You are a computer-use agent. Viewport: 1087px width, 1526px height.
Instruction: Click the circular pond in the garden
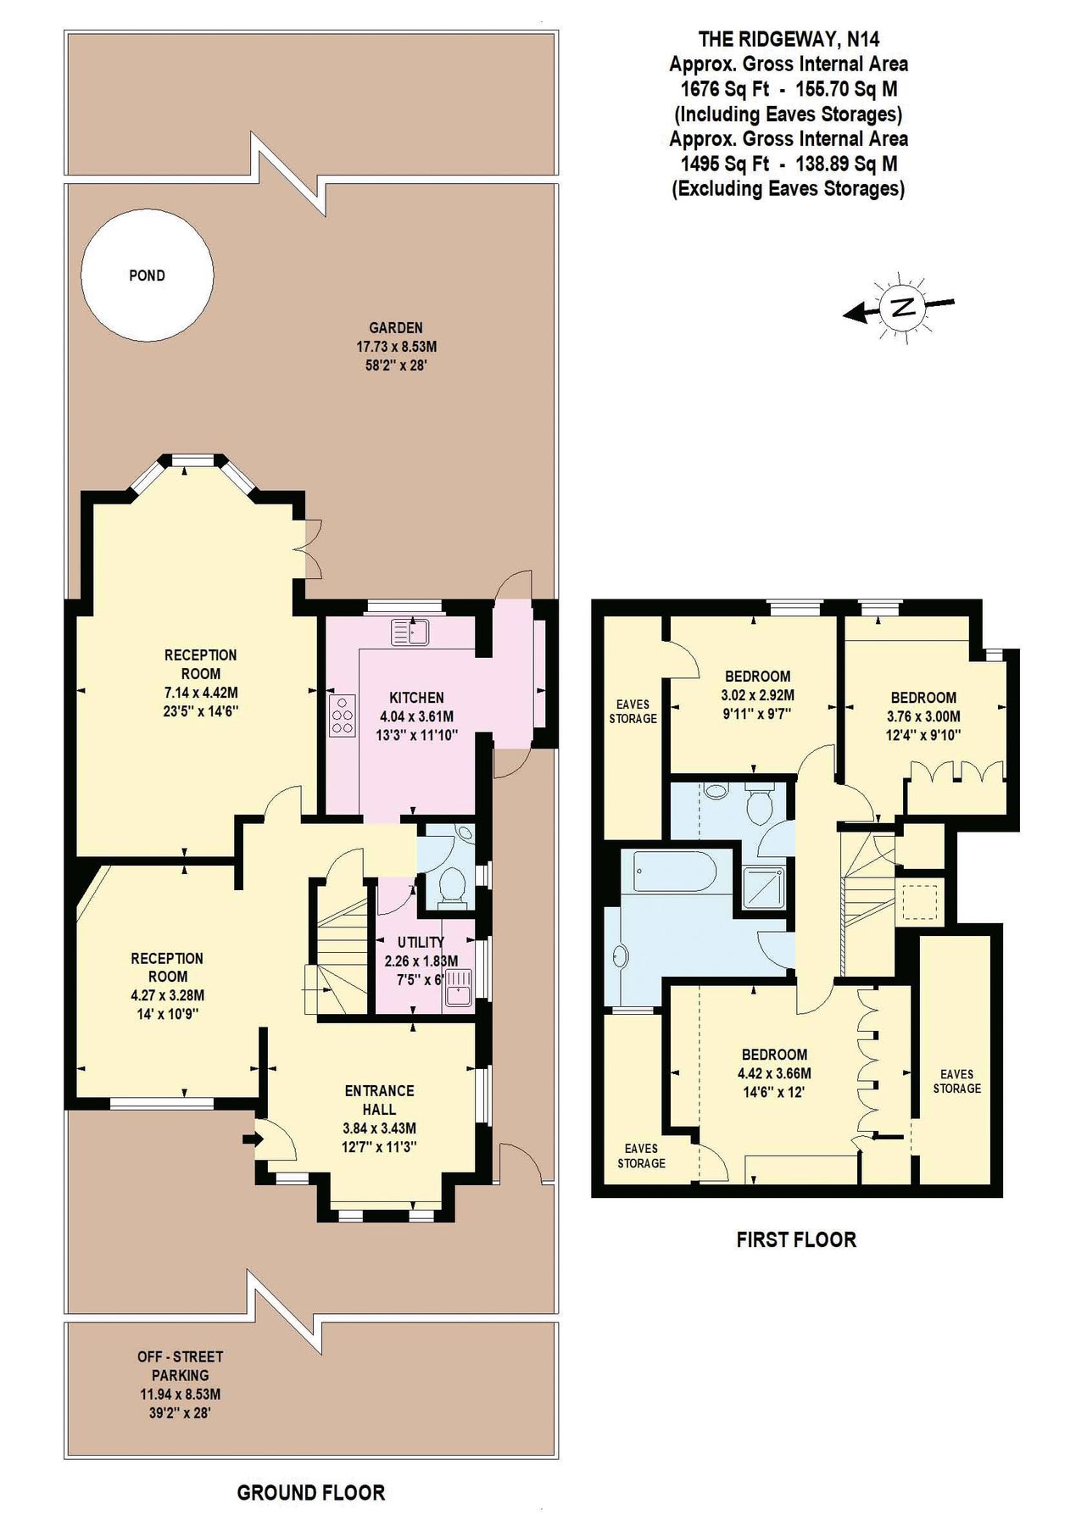(147, 275)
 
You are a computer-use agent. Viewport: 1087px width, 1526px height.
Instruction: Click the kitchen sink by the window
(411, 632)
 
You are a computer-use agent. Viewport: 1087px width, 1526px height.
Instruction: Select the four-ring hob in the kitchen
(343, 715)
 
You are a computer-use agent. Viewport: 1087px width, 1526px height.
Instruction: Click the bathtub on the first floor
(675, 872)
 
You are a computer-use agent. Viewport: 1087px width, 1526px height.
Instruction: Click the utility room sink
(458, 990)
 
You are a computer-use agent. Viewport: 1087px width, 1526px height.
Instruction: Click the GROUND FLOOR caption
(310, 1493)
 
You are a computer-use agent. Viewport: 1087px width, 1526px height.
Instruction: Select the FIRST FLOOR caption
(796, 1239)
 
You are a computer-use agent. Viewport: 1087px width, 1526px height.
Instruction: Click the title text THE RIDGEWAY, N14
(789, 39)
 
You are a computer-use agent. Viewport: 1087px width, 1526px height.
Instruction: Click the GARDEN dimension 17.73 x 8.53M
(396, 347)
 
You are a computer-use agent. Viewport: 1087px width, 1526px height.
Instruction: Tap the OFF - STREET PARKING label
(180, 1366)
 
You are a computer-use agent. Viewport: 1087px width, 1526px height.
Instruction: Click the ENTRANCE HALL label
(379, 1100)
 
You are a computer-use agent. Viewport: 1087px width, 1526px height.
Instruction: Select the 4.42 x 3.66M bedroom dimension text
(774, 1073)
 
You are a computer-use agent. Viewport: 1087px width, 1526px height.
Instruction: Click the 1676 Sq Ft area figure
(725, 89)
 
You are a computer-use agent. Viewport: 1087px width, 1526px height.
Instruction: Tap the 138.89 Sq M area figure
(845, 164)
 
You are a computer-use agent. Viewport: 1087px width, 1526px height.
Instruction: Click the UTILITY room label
(421, 942)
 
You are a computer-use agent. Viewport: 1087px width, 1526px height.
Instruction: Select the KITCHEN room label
(416, 697)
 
